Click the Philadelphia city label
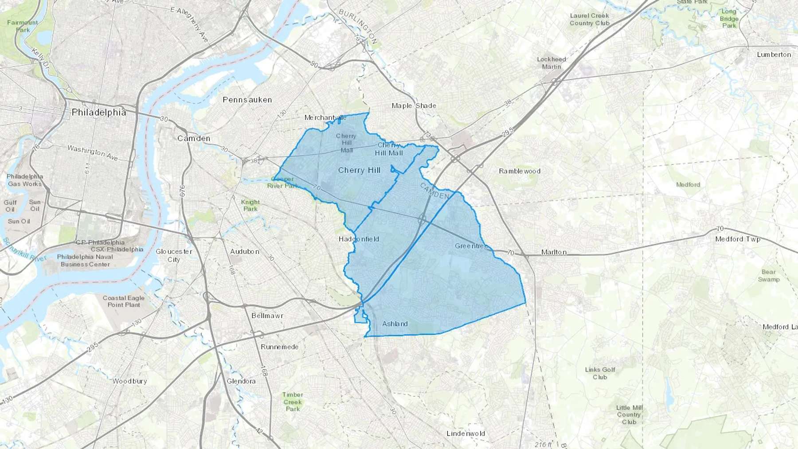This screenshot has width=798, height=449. click(x=99, y=112)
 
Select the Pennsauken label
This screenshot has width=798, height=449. click(x=247, y=100)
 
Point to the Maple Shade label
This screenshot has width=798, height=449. click(x=414, y=105)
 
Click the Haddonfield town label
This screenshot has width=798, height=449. click(x=359, y=239)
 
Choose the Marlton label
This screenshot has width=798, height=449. click(x=554, y=252)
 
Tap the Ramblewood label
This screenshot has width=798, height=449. click(x=520, y=171)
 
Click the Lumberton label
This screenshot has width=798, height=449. click(x=774, y=55)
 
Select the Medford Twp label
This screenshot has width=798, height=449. click(x=738, y=239)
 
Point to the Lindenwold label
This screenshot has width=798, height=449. click(x=465, y=433)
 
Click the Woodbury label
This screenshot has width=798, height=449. click(x=129, y=381)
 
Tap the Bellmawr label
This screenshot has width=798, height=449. click(x=267, y=316)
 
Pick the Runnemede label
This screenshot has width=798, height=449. click(x=279, y=347)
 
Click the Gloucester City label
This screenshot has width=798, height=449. click(x=174, y=255)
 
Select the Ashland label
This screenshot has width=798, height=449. click(x=395, y=324)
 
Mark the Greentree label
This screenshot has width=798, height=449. click(x=471, y=246)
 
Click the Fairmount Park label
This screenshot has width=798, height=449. click(x=23, y=26)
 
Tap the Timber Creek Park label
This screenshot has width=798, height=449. click(x=293, y=402)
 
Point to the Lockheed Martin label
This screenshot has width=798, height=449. click(x=552, y=63)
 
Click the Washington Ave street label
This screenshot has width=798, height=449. click(x=93, y=152)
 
